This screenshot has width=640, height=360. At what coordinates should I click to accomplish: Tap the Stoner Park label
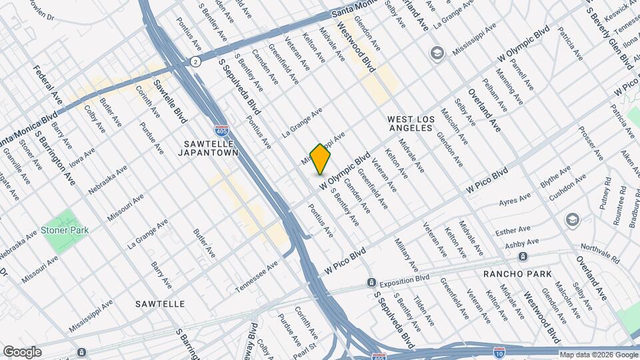pyautogui.click(x=65, y=230)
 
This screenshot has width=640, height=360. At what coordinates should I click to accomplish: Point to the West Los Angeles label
pyautogui.click(x=411, y=125)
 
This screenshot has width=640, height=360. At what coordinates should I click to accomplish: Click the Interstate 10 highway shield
pyautogui.click(x=499, y=352)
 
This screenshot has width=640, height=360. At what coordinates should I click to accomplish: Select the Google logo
pyautogui.click(x=21, y=352)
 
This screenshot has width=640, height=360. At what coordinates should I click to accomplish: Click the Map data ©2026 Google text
pyautogui.click(x=597, y=355)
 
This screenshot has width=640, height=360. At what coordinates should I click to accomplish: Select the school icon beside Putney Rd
pyautogui.click(x=572, y=220)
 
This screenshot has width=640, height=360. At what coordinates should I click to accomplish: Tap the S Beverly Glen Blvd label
pyautogui.click(x=610, y=33)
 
